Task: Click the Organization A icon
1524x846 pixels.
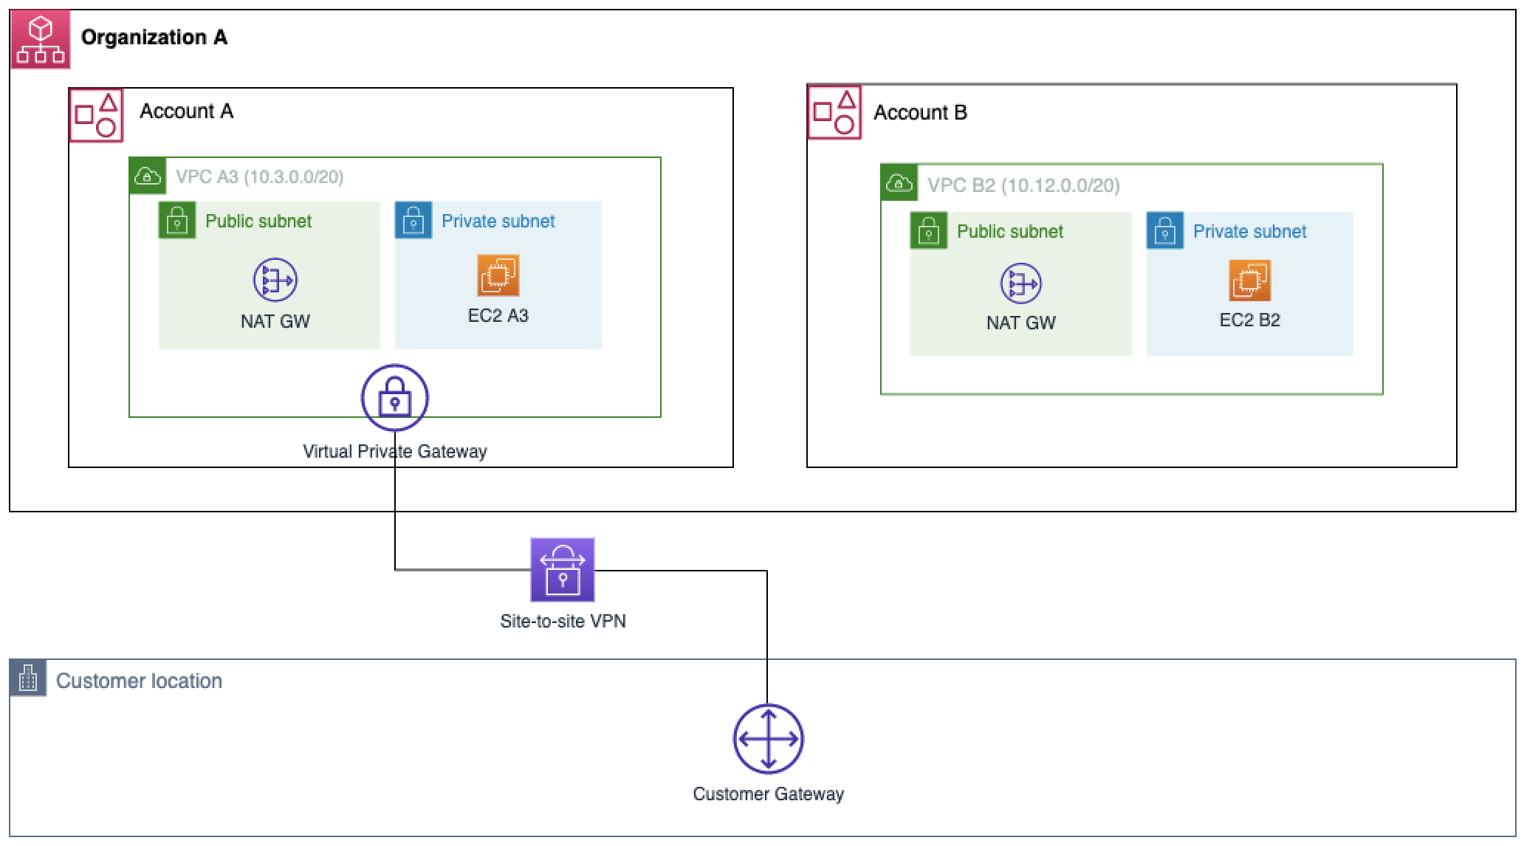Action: [x=41, y=40]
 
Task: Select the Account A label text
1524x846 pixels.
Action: [x=186, y=111]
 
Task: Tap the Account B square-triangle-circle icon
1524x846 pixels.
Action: [x=834, y=113]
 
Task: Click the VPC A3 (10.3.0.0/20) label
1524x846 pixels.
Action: [x=259, y=177]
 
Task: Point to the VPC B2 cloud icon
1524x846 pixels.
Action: [x=899, y=183]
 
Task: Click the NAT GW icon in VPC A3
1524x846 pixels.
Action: [x=275, y=281]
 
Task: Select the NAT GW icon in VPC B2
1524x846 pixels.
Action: [x=1020, y=284]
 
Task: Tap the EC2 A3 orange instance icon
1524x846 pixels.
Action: [x=498, y=275]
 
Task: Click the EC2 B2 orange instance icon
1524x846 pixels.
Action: [x=1249, y=281]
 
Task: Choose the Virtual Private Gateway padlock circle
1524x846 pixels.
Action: [x=395, y=398]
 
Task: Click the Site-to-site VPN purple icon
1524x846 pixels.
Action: [x=563, y=570]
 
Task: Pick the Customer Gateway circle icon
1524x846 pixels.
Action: [x=768, y=739]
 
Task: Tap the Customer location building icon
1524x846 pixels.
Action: [x=28, y=678]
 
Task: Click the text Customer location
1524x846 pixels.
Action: [x=139, y=681]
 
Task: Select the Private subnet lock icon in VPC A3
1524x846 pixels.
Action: [x=413, y=221]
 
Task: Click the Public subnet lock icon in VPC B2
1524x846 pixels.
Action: [x=928, y=231]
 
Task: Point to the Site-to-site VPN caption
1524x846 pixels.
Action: [x=563, y=622]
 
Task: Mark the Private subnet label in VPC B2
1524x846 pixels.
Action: [x=1249, y=232]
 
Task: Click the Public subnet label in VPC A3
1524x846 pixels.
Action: [x=258, y=221]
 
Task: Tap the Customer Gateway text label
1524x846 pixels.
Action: [x=768, y=794]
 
